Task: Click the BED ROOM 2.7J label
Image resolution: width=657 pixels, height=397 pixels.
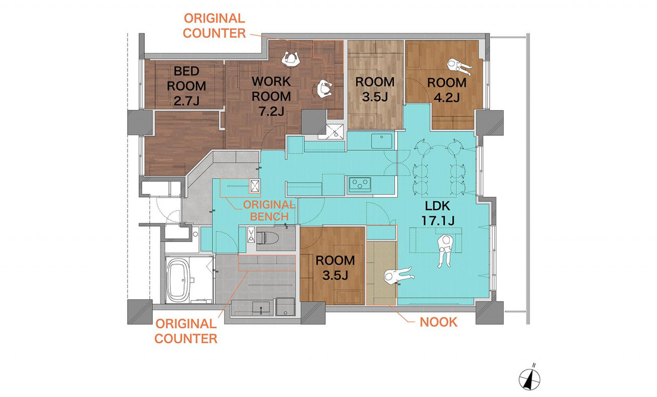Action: [x=186, y=86]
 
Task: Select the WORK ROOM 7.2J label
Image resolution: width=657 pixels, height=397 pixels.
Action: [x=271, y=96]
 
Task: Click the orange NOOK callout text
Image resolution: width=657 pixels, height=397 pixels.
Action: [x=438, y=323]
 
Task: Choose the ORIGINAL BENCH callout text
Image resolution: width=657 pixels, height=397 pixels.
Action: [x=269, y=210]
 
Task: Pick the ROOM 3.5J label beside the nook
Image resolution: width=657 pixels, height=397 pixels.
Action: [x=335, y=267]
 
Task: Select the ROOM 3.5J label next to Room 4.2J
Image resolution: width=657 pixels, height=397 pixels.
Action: [x=375, y=89]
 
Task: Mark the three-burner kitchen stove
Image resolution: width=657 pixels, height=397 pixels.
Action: [x=360, y=184]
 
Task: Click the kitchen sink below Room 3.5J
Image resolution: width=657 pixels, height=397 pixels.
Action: [x=382, y=140]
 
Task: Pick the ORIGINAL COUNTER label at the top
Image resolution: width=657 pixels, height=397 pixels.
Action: [x=214, y=26]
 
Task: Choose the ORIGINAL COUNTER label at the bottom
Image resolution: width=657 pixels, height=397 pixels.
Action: [x=186, y=331]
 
